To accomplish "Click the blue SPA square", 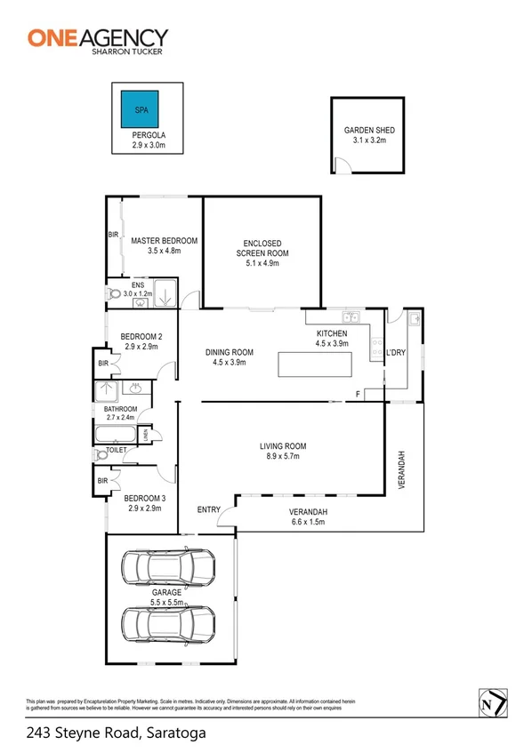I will click(141, 109).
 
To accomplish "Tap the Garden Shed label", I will click(369, 130).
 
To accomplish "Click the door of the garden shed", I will click(339, 165).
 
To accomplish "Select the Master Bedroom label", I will click(164, 241).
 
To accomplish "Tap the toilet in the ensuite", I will click(114, 293).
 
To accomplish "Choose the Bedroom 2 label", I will click(141, 336).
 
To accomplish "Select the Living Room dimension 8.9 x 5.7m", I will click(283, 457).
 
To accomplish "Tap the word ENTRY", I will click(209, 509).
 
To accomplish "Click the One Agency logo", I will click(98, 38).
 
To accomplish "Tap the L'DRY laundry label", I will click(395, 353).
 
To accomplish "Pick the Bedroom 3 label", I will click(141, 498).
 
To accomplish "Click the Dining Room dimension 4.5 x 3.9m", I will click(230, 363).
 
